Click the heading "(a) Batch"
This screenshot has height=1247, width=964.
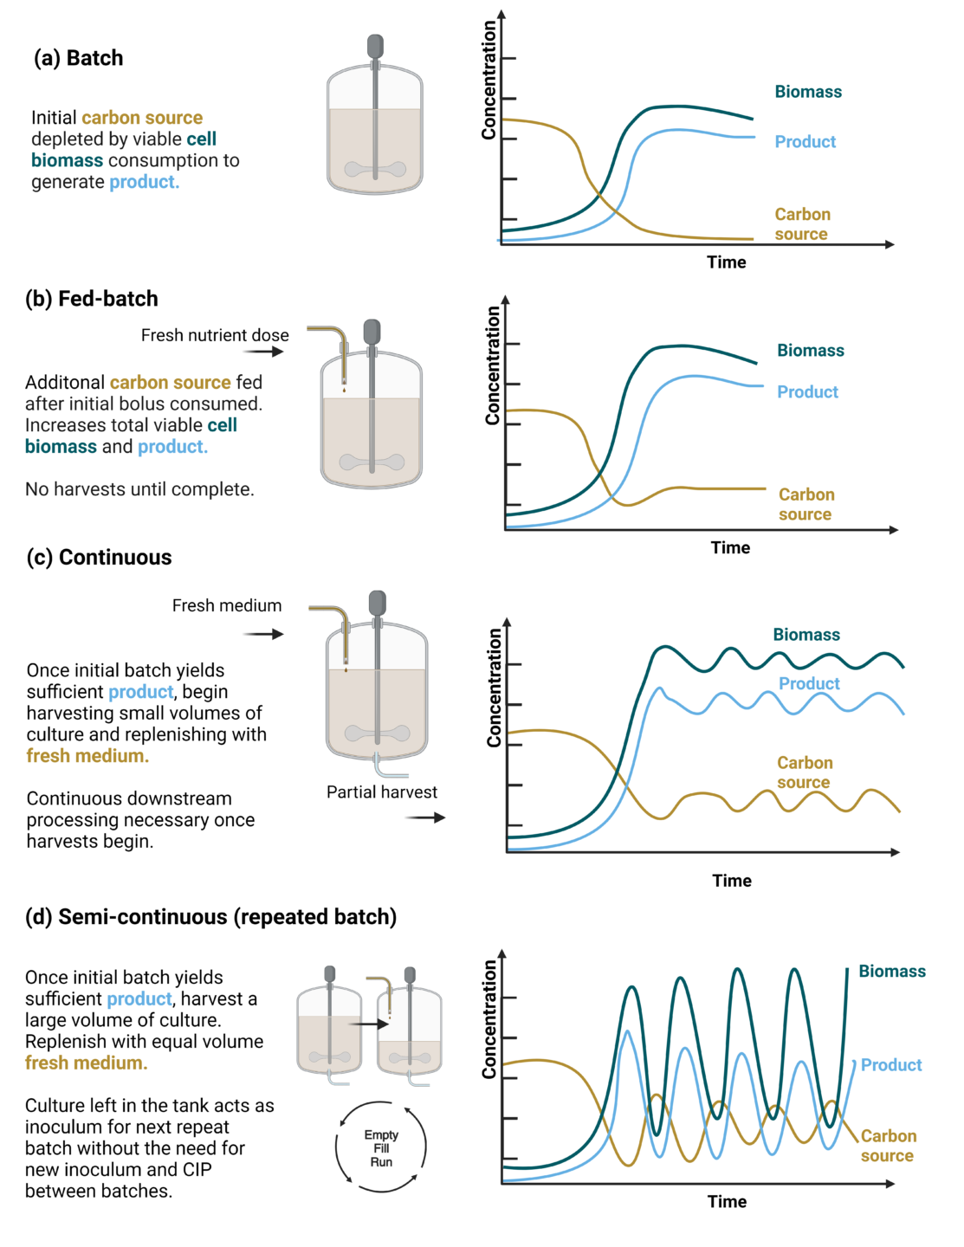click(78, 58)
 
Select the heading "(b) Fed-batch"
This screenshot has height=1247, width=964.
click(92, 299)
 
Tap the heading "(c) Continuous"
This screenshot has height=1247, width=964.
click(99, 558)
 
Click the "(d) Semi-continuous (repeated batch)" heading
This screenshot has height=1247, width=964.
click(210, 917)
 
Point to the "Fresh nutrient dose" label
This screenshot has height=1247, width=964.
click(215, 335)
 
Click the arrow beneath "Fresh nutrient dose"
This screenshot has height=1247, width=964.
click(263, 352)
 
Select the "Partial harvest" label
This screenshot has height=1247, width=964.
click(381, 792)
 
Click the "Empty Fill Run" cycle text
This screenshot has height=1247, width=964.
click(381, 1148)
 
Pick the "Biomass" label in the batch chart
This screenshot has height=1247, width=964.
click(807, 92)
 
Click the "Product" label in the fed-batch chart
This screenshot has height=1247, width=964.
click(807, 392)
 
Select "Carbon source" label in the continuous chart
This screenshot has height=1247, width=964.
click(805, 772)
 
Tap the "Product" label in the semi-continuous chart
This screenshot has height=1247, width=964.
click(890, 1065)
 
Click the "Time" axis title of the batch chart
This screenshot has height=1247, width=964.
click(726, 262)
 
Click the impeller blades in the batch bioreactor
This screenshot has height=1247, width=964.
click(375, 170)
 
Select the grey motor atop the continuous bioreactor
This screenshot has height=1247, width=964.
click(377, 603)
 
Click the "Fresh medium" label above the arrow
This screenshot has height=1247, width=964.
click(227, 606)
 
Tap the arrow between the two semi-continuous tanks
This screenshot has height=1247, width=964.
click(369, 1024)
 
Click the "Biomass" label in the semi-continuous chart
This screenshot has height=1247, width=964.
click(891, 972)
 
